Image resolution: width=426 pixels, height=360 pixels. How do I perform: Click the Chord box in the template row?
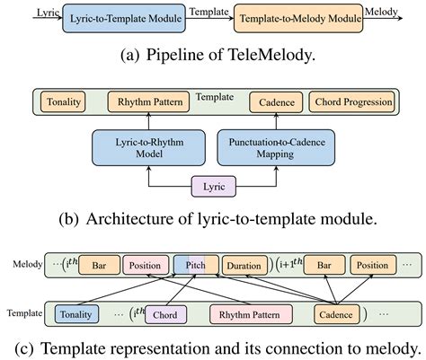pos(164,314)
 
